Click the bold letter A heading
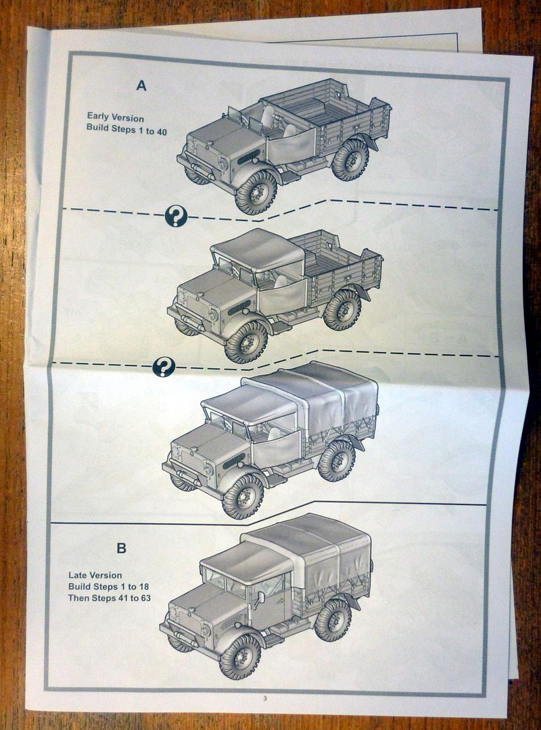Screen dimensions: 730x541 click(x=141, y=85)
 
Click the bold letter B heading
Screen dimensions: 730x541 click(x=121, y=547)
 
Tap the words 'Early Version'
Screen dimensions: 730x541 click(x=115, y=118)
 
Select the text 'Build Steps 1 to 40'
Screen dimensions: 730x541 click(x=126, y=130)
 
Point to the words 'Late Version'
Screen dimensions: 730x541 click(x=95, y=575)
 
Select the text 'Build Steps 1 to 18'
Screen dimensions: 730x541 click(x=108, y=587)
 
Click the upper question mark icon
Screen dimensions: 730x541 click(x=176, y=216)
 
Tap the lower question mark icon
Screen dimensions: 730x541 click(x=164, y=367)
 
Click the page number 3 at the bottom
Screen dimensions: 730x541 click(x=265, y=698)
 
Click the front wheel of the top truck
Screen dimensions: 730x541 click(x=256, y=193)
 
